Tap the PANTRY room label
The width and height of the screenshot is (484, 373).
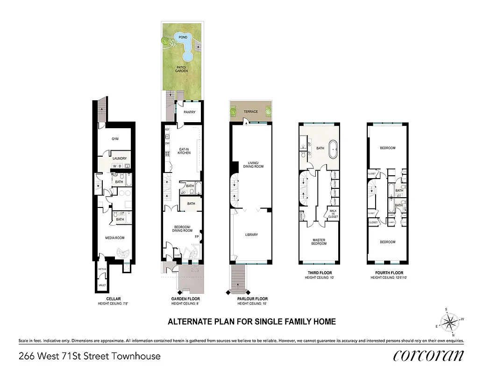(x=189, y=112)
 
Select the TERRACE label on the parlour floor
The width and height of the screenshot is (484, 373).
(x=250, y=112)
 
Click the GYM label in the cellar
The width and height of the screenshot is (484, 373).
(x=114, y=139)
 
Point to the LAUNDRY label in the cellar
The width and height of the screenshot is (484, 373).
(x=119, y=158)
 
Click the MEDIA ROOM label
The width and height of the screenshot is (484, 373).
(x=114, y=237)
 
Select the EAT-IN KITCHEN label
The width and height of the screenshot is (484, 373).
(x=184, y=151)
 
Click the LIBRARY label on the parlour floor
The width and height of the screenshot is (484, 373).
(x=251, y=235)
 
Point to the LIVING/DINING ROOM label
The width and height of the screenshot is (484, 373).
(x=253, y=164)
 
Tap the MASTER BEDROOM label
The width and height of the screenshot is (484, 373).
(x=320, y=242)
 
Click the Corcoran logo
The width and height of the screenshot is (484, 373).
(x=428, y=355)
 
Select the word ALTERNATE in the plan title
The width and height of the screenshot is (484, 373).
(x=189, y=322)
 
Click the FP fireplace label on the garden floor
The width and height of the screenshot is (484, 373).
(x=197, y=236)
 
